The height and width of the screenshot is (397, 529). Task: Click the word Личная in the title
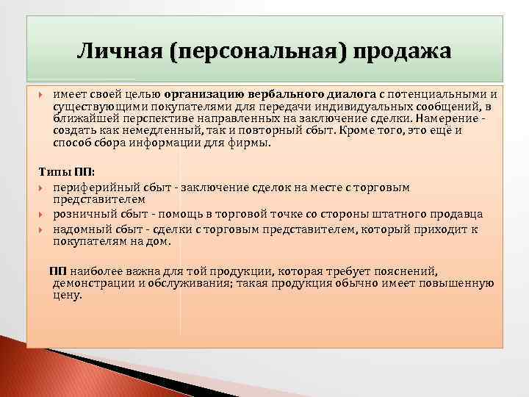tap(118, 53)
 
